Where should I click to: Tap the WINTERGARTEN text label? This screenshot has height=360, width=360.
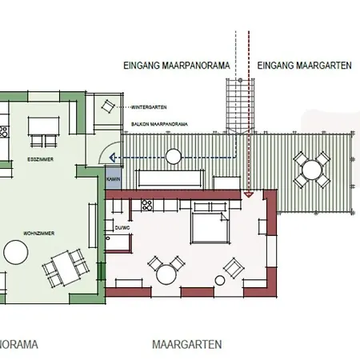click(x=149, y=106)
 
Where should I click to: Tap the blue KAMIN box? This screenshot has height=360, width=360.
click(x=113, y=180)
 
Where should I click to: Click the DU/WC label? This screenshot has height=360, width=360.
click(x=122, y=226)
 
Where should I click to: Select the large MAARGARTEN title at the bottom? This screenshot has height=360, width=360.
click(x=186, y=345)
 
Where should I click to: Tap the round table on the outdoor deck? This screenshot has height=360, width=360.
click(x=310, y=169)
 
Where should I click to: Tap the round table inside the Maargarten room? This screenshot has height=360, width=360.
click(x=166, y=274)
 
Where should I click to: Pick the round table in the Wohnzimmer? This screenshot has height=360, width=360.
click(x=16, y=254)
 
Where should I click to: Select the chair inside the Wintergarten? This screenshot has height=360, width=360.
click(x=106, y=106)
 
